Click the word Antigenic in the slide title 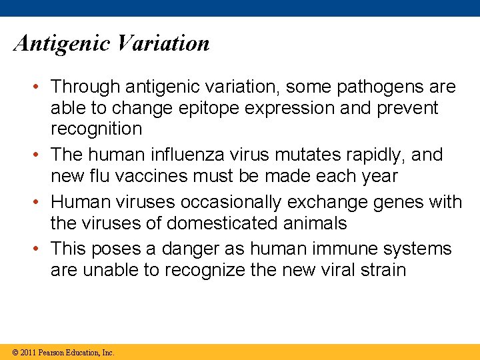tap(61, 44)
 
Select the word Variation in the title tap(162, 43)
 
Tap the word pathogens tap(378, 87)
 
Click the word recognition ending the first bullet tap(96, 129)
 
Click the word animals tap(315, 223)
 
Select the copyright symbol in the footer tap(15, 353)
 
